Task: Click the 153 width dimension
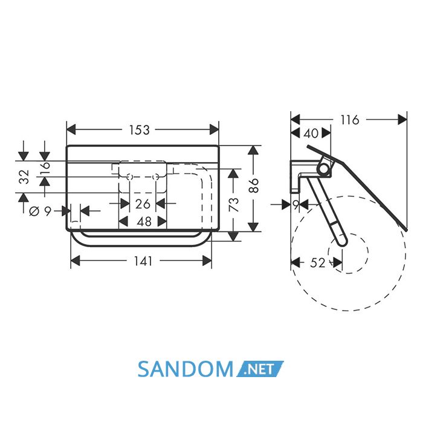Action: pos(139,130)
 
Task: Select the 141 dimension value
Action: pos(143,261)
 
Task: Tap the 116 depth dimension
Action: pos(350,120)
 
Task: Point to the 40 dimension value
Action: pos(311,134)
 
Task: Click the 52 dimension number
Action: pos(318,262)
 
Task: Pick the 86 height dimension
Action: pos(254,185)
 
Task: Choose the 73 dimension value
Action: pos(234,204)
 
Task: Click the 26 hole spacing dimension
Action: pos(143,204)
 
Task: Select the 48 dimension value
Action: pos(144,222)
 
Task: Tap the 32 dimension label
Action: pos(24,176)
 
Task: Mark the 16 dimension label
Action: pos(45,169)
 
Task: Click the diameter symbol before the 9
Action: pos(34,211)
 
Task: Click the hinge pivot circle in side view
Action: pos(323,169)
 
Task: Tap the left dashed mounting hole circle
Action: pos(129,177)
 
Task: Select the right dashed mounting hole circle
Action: pos(156,177)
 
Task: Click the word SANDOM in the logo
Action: pos(186,369)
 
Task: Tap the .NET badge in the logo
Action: pos(260,369)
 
